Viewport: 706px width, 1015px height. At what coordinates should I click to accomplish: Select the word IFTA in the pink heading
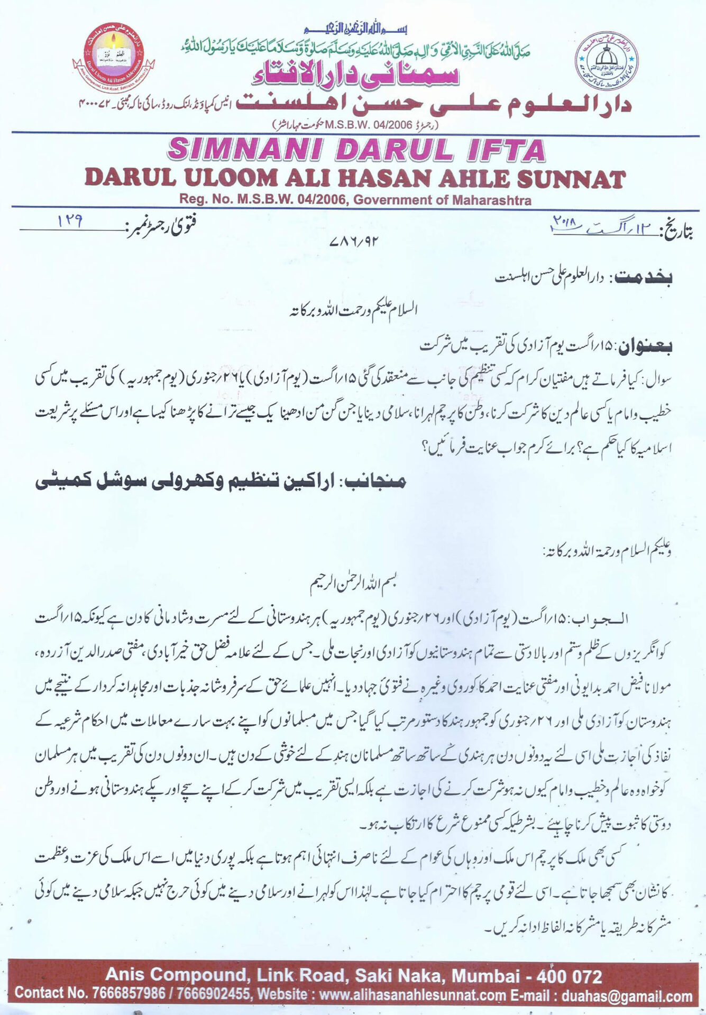503,150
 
